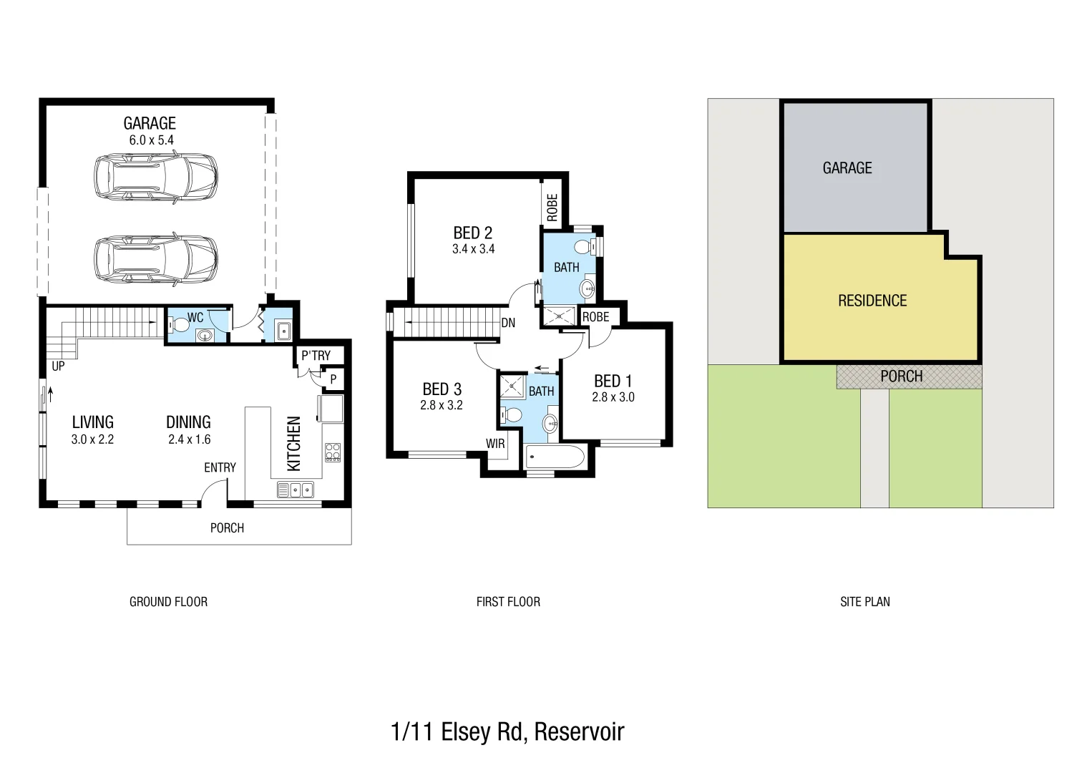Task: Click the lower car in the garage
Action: (x=156, y=259)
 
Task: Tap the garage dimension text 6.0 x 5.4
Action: (x=151, y=140)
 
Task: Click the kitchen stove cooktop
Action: (x=333, y=452)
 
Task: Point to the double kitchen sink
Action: (x=296, y=490)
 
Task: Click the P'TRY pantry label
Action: (x=316, y=356)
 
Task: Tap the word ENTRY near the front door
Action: (x=220, y=467)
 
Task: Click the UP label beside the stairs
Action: (x=58, y=366)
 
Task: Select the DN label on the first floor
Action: (x=508, y=323)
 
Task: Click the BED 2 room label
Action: (x=472, y=233)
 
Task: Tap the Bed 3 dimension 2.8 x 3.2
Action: (x=441, y=405)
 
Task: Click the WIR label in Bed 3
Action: (x=495, y=444)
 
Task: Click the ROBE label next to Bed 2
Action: (x=552, y=207)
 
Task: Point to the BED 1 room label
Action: (x=613, y=381)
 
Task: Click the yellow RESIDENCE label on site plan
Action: (x=872, y=301)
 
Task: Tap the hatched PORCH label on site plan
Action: (x=901, y=376)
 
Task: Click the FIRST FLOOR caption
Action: (x=508, y=602)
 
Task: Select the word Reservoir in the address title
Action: (x=579, y=731)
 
